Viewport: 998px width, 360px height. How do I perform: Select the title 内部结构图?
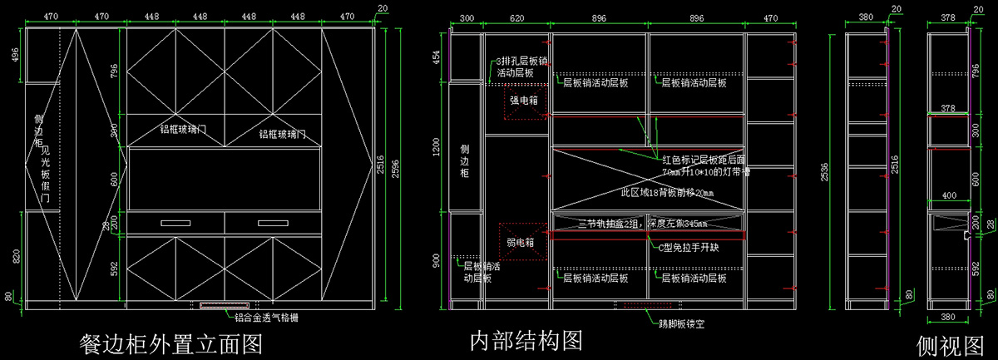(x=524, y=340)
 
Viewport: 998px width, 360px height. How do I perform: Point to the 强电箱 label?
(x=524, y=101)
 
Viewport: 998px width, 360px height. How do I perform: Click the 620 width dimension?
(x=516, y=17)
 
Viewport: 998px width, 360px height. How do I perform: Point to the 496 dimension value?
(x=15, y=55)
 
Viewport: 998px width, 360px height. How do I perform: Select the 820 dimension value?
(x=15, y=255)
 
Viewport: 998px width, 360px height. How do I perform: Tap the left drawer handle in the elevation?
(x=175, y=223)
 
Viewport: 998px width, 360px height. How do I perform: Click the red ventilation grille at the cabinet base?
(x=225, y=305)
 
